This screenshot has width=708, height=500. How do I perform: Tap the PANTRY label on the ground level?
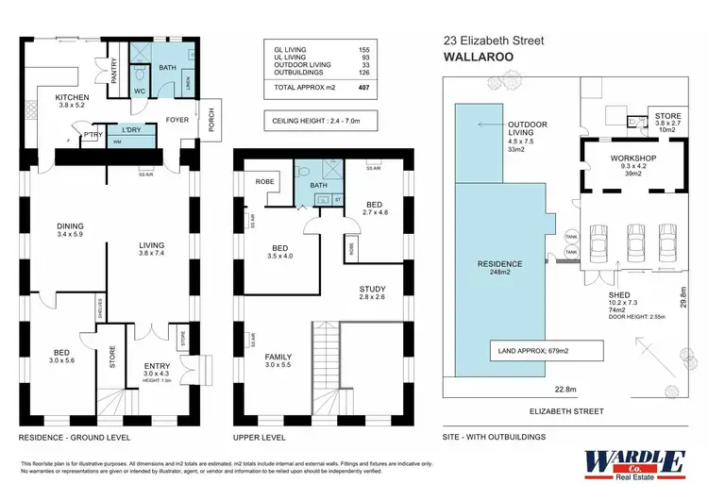113,73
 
